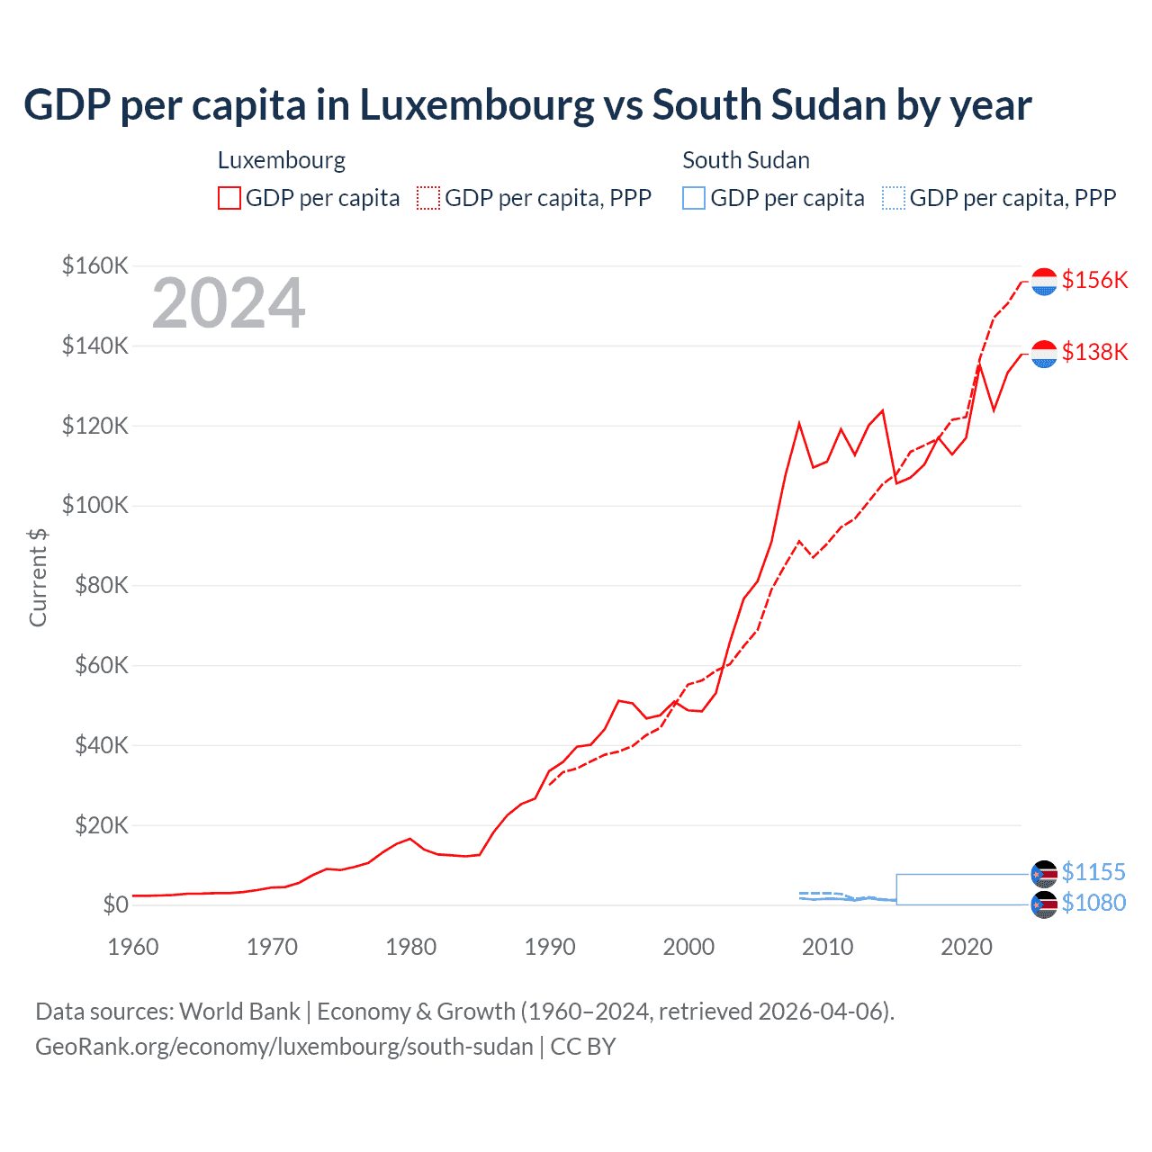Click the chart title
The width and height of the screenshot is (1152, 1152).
527,105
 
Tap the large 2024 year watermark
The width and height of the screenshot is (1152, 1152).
229,303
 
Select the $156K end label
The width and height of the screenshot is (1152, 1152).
1094,280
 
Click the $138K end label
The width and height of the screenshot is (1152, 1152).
1094,352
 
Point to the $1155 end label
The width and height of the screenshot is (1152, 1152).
1093,872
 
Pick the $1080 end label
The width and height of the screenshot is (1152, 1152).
1093,903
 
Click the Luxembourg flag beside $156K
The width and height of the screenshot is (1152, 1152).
1044,282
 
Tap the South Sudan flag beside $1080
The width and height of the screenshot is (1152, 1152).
1044,904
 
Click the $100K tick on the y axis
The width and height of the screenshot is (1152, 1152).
95,505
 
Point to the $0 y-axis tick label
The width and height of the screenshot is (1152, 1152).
115,904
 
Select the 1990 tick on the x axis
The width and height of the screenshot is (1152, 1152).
550,947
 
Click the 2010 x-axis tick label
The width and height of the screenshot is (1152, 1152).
828,947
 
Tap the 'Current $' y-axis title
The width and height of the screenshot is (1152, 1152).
38,577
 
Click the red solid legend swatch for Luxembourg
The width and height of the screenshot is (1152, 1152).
229,198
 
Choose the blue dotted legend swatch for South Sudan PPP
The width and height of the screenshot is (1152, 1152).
894,198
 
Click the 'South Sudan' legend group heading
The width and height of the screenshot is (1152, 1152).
746,160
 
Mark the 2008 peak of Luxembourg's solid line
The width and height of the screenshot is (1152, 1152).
799,423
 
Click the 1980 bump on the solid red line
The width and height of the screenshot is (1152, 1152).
410,839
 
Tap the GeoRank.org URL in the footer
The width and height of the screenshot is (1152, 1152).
284,1047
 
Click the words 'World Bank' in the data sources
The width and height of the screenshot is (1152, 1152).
239,1012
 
